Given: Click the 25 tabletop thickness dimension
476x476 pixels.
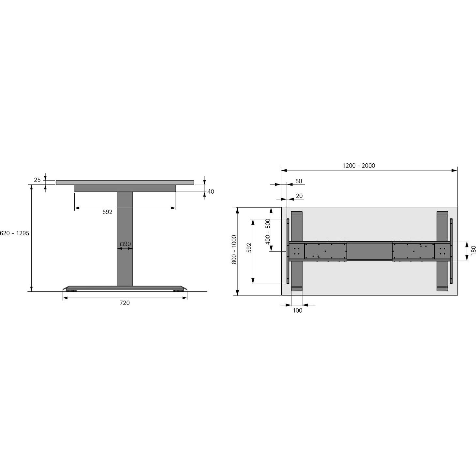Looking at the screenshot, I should pos(37,180).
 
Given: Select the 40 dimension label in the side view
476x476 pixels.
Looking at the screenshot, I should pos(211,191).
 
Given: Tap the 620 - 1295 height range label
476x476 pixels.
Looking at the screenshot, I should pos(15,233).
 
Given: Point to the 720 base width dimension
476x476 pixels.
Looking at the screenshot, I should pos(125,303).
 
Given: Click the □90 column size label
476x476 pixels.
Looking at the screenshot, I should pos(126,244).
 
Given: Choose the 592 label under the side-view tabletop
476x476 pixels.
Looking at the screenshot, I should pos(107,212).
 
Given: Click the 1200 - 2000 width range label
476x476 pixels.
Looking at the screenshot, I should pos(359,166).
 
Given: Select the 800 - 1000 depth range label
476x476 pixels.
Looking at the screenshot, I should pos(234,249).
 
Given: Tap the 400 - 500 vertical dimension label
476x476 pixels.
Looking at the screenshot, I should pos(268,231).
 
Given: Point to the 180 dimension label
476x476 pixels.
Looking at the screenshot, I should pos(473,250).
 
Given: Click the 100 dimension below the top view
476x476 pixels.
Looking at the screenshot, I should pos(297,310).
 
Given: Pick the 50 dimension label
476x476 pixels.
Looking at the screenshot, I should pos(299,181).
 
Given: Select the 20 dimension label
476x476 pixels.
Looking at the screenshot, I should pos(299,196).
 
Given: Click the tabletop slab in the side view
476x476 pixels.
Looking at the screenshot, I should pos(125,183).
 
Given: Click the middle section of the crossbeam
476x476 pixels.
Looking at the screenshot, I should pos(369,251).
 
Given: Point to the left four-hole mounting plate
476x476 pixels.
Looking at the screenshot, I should pos(296,251).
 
